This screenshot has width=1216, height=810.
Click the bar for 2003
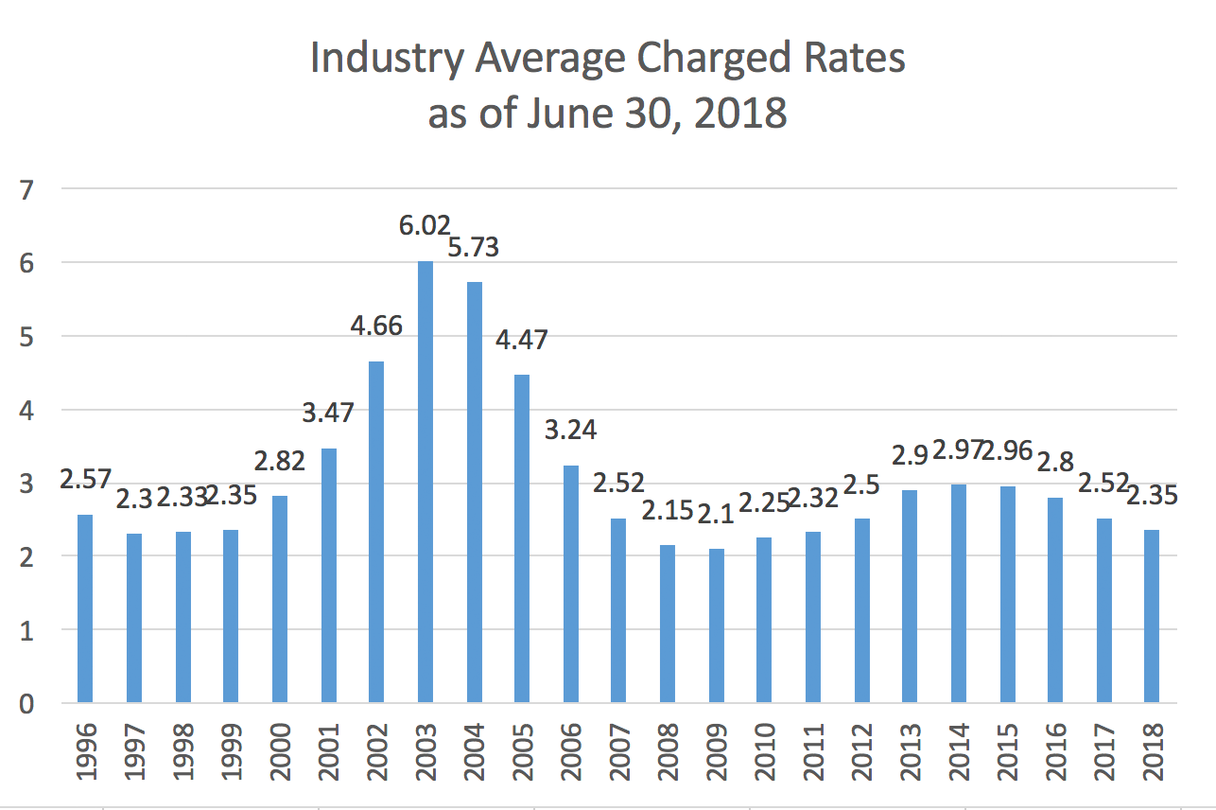[x=426, y=482]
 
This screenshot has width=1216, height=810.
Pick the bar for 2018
[x=1151, y=616]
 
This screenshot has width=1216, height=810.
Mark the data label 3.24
[x=571, y=431]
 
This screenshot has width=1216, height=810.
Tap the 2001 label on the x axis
[x=329, y=750]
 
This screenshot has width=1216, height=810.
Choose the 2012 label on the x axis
[x=860, y=750]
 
